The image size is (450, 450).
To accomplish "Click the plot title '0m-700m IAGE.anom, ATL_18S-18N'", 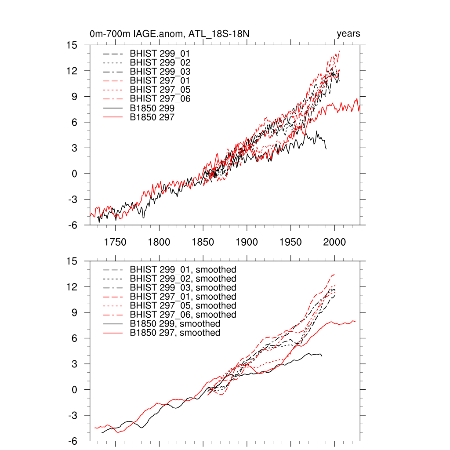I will (170, 34).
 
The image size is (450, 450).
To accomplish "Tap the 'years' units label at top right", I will (348, 34).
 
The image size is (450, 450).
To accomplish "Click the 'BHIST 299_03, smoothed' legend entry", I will (183, 288).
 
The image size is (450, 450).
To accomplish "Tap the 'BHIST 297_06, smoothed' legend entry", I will (183, 315).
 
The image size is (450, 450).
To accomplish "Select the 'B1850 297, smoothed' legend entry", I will (175, 333).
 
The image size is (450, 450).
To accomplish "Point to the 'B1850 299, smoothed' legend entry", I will (175, 324).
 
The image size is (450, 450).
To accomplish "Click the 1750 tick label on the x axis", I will (116, 242).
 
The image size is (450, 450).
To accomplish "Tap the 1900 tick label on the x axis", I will (247, 242).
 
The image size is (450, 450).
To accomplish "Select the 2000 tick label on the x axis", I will (334, 242).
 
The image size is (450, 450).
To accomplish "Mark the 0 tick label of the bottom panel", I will (75, 390).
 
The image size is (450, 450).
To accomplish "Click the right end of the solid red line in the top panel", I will (359, 110).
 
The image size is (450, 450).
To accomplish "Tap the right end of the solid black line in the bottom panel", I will (322, 356).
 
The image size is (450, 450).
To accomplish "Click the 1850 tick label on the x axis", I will (203, 242).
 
